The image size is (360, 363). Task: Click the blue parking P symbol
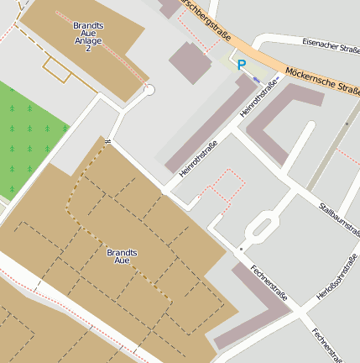pyautogui.click(x=242, y=65)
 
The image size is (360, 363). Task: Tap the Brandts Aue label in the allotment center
pyautogui.click(x=123, y=257)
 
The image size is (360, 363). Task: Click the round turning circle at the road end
pyautogui.click(x=149, y=90)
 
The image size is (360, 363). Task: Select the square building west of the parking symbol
pyautogui.click(x=190, y=62)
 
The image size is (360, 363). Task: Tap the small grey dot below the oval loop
pyautogui.click(x=241, y=250)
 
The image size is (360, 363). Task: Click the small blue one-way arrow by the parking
pyautogui.click(x=256, y=80)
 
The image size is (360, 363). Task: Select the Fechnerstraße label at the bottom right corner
pyautogui.click(x=326, y=343)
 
